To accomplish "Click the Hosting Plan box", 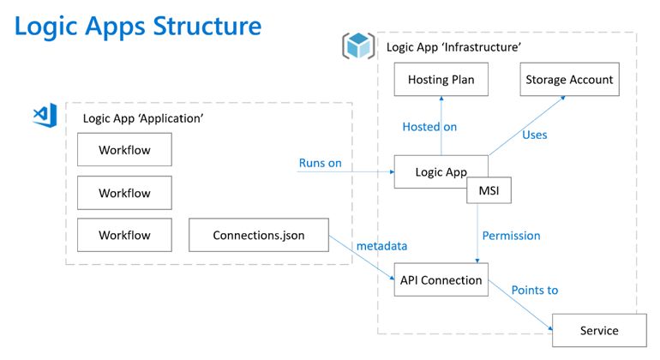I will click(441, 80).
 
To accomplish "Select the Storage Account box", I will click(568, 80).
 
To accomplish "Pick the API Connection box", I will click(441, 280).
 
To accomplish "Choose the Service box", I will click(597, 330).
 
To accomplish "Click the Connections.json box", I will click(258, 235).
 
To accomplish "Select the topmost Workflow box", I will click(124, 150).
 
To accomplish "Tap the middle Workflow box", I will click(124, 193).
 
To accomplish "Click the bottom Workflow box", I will click(124, 235).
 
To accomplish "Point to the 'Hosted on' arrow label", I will click(429, 127).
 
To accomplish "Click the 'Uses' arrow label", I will click(534, 135).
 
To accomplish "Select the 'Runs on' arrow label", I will click(321, 163).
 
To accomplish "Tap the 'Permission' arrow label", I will click(511, 236).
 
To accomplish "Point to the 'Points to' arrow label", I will click(534, 290).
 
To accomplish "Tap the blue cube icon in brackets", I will click(357, 45).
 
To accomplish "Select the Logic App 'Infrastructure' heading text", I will click(453, 47).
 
